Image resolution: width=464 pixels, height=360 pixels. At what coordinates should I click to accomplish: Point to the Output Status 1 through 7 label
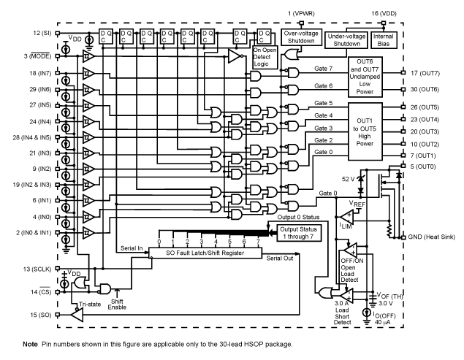tap(298, 232)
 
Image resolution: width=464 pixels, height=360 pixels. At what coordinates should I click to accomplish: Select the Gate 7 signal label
tap(323, 69)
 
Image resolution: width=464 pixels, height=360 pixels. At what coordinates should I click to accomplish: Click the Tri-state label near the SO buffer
tap(88, 305)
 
